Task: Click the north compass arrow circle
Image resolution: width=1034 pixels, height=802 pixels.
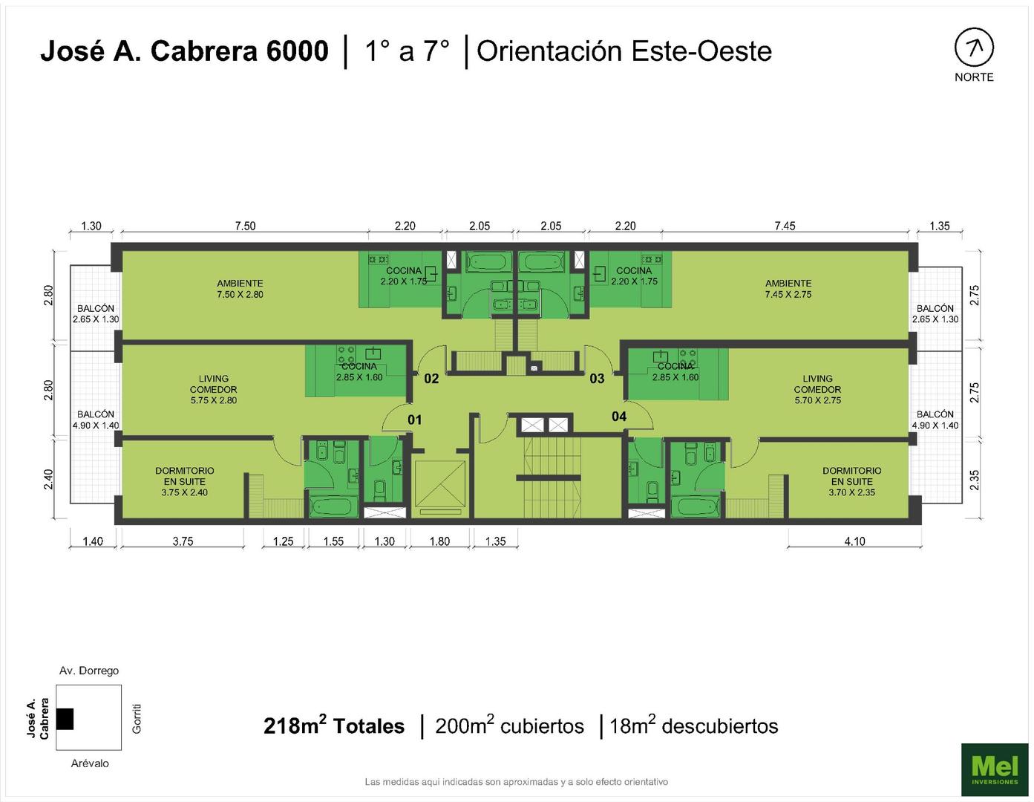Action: coord(974,48)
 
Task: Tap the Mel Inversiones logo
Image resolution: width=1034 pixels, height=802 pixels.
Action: coord(994,769)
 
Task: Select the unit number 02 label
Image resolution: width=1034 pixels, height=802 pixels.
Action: coord(431,379)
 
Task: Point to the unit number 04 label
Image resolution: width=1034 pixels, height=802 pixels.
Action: coord(618,417)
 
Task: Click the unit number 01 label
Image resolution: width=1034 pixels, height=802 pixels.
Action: coord(414,420)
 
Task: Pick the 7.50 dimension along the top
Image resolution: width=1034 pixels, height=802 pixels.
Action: coord(245,226)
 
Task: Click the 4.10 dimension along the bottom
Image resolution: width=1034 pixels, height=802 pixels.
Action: coord(854,541)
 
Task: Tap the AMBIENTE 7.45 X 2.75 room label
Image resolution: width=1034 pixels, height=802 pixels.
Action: coord(788,289)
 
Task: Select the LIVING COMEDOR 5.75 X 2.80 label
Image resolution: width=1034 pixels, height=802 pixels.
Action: coord(214,389)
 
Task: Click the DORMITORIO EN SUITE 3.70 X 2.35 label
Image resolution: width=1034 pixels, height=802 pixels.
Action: coord(851,481)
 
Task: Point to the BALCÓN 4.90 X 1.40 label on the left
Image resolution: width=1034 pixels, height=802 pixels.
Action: coord(96,420)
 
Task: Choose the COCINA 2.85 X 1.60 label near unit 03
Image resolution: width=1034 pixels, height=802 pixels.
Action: coord(675,372)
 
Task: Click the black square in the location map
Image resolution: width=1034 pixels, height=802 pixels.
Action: coord(65,719)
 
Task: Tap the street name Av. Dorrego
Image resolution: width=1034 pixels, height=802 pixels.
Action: coord(89,671)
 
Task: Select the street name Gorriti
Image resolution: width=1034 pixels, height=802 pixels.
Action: coord(137,719)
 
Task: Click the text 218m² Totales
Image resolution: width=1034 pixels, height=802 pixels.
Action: coord(334,726)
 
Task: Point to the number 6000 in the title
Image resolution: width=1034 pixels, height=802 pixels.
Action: coord(297,51)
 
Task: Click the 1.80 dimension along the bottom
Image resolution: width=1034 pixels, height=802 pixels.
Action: coord(439,541)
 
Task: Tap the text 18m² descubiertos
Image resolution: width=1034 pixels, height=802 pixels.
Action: coord(694,726)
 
